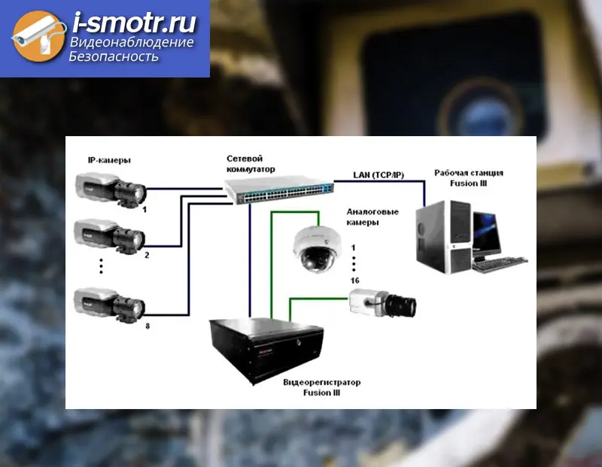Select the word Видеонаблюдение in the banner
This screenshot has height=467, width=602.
click(x=132, y=43)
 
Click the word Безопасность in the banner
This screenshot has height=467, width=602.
click(x=114, y=57)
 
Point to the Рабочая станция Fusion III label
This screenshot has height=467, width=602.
click(x=469, y=177)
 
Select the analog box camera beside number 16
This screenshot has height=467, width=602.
click(x=381, y=302)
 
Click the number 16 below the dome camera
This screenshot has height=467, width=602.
click(x=354, y=280)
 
